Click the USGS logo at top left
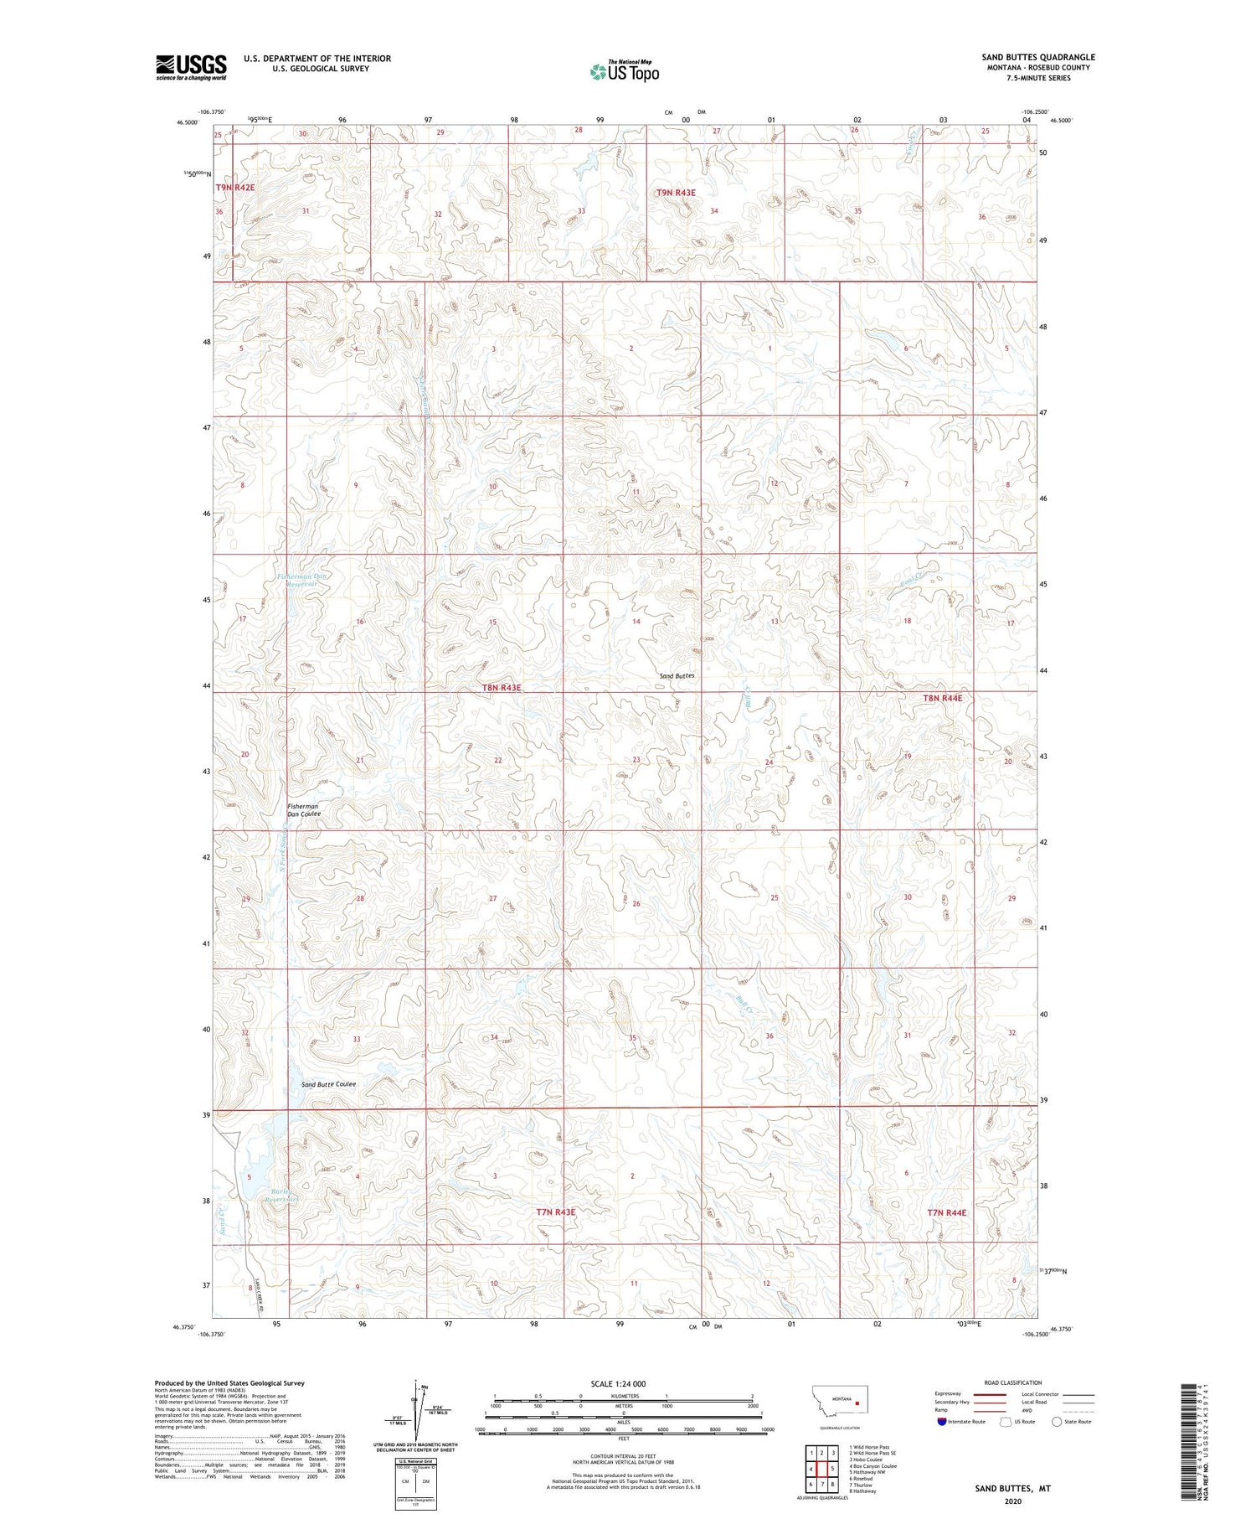click(191, 67)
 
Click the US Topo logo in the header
click(624, 72)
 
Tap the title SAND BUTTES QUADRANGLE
click(1038, 57)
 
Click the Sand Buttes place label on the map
click(677, 675)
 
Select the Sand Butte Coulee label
click(328, 1084)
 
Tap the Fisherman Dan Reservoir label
click(299, 580)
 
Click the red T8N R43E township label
click(502, 688)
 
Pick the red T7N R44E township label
click(946, 1212)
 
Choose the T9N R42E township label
click(235, 188)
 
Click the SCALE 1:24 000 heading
click(618, 1383)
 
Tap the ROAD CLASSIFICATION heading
click(1013, 1382)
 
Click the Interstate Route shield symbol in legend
click(942, 1422)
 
